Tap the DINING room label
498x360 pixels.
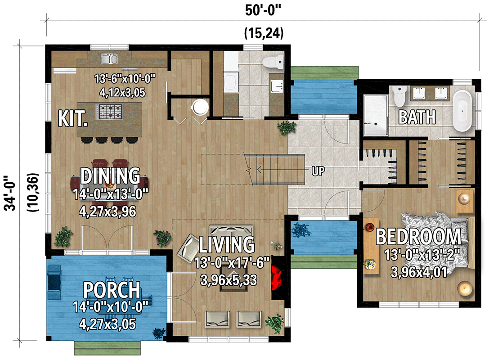coord(110,176)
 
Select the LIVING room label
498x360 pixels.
coord(227,244)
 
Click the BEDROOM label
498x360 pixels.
coord(418,237)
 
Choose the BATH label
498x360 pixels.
coord(417,117)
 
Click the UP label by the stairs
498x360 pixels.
coord(318,171)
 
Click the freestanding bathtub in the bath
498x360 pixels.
coord(462,111)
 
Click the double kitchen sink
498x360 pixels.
coord(109,58)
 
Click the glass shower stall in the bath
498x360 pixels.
coord(375,115)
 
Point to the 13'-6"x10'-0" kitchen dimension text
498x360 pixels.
coord(125,79)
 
